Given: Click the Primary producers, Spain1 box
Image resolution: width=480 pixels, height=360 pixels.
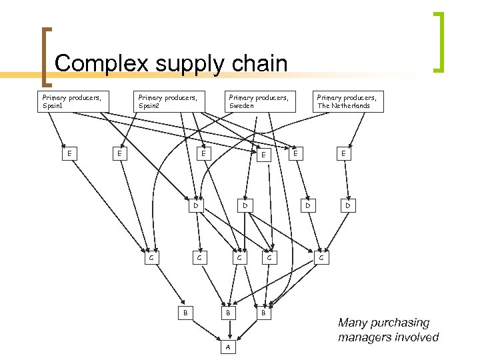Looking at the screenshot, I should coord(71,101).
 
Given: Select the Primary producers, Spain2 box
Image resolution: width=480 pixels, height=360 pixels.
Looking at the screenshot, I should coord(167,101).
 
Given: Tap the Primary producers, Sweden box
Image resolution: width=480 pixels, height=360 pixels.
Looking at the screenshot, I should coord(259,101).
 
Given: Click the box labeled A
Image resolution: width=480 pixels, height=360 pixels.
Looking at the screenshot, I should coord(228,348).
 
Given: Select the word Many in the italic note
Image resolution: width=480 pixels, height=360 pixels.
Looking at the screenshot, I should coord(353,323).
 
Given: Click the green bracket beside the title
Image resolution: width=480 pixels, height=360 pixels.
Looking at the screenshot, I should coord(439,41).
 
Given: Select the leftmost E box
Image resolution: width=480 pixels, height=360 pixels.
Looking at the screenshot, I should coord(69,153).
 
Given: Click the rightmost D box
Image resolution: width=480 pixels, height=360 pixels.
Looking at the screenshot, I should coord(347,206).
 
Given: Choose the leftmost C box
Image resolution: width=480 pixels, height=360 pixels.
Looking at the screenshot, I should coord(152,257).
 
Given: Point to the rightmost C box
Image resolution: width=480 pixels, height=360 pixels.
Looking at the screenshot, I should coord(321,256).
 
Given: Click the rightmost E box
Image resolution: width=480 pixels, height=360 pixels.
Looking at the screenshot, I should coord(344,153).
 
